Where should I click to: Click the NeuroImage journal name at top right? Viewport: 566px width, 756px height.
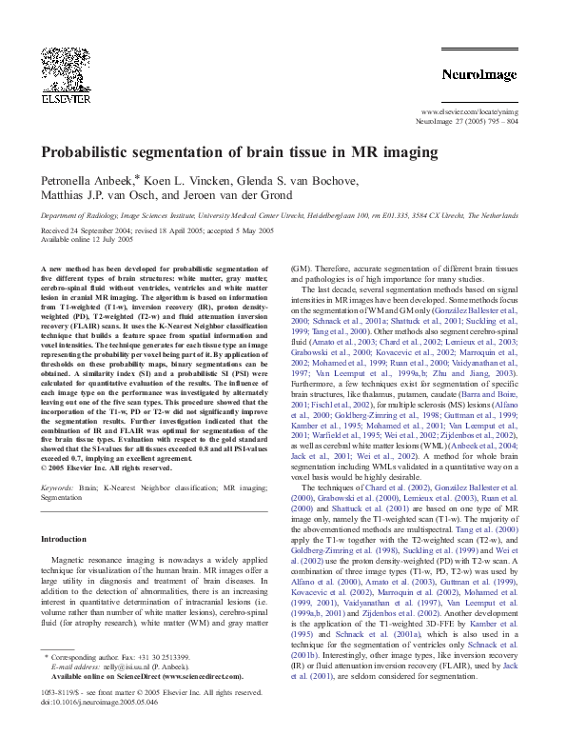pos(479,72)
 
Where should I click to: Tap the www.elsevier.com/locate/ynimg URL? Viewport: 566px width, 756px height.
pos(470,112)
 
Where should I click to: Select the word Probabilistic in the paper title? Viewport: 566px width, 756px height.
pos(92,152)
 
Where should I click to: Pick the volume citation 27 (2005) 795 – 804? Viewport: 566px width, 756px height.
pos(484,123)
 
